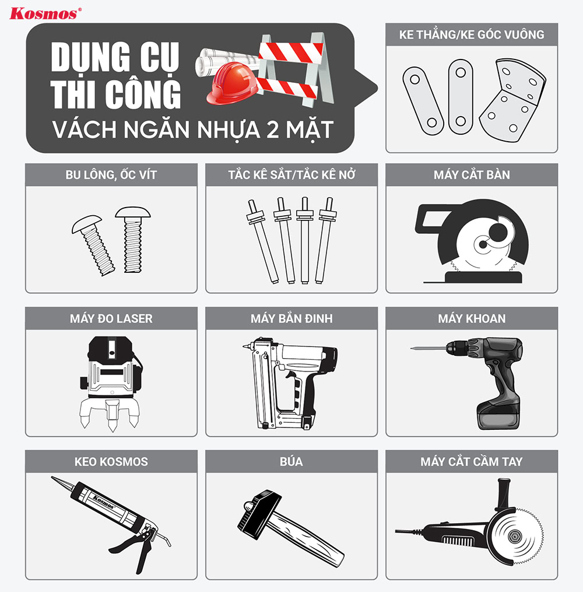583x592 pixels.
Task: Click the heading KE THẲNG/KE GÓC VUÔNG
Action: coord(471,34)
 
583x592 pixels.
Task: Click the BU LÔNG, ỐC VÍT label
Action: coord(111,174)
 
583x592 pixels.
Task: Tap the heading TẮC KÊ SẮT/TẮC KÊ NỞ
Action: coord(291,174)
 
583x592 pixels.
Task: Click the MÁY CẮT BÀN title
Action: coord(471,174)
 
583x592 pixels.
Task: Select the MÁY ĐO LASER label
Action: coord(111,318)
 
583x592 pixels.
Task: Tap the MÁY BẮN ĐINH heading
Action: coord(291,318)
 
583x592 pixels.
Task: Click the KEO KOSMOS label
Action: coord(111,461)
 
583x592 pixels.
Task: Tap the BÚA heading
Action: coord(291,461)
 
